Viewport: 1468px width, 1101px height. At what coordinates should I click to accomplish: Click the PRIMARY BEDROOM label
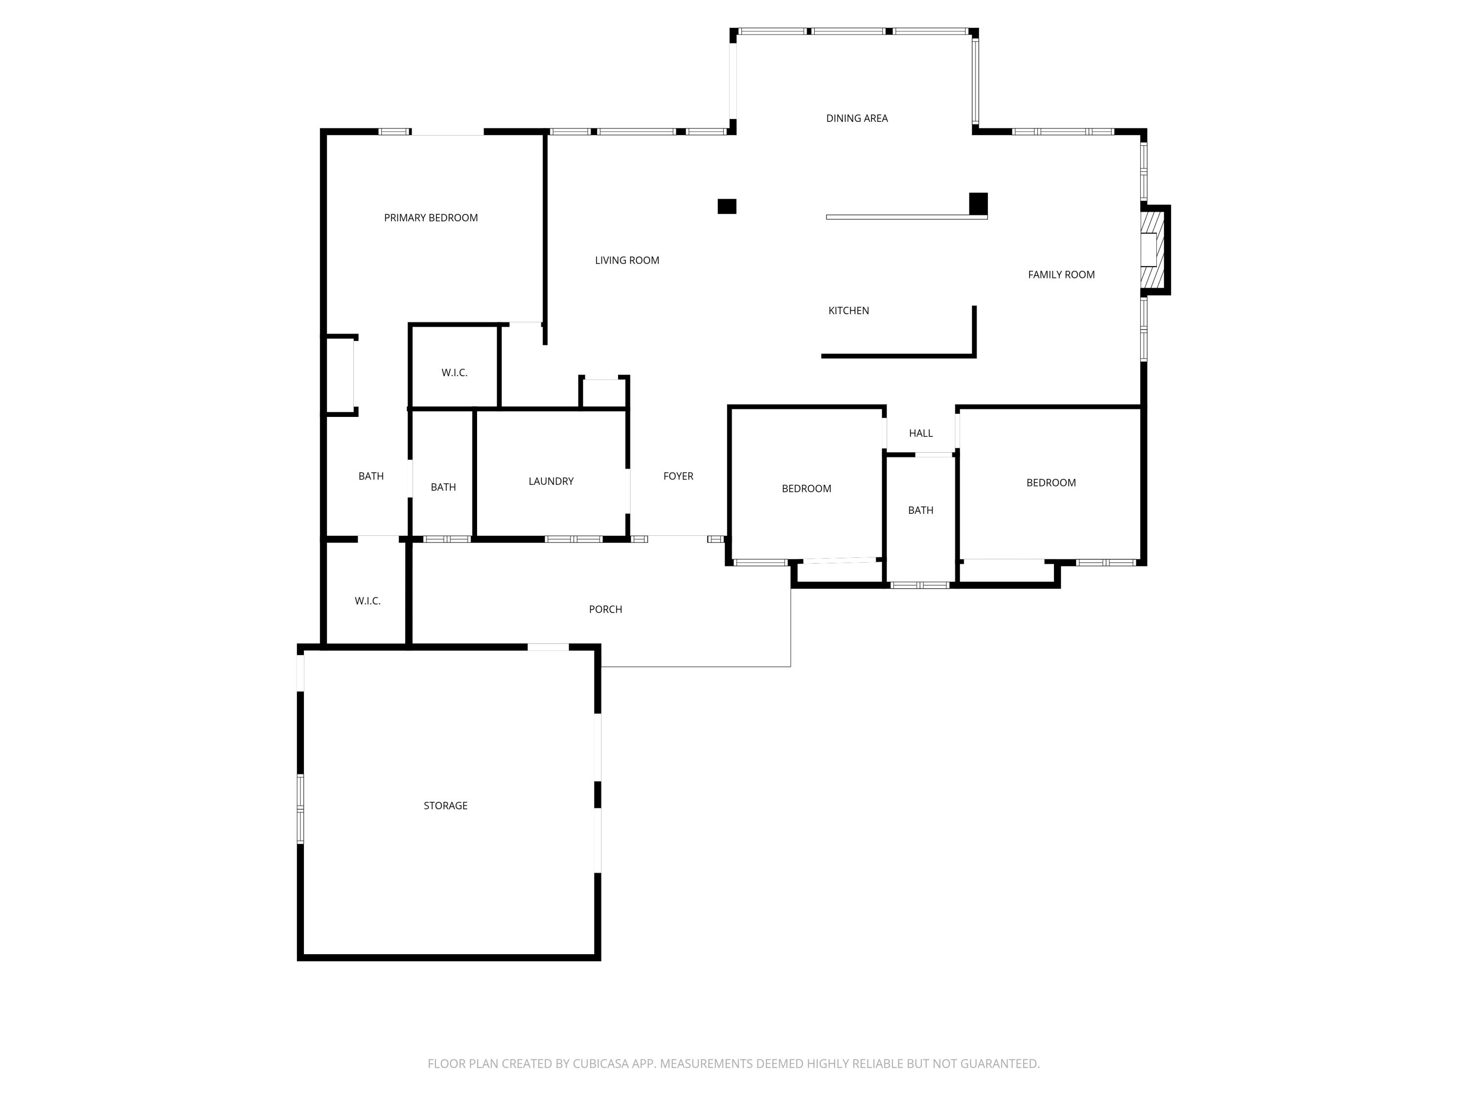click(431, 218)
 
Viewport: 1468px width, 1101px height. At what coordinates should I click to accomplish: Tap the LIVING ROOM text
click(626, 260)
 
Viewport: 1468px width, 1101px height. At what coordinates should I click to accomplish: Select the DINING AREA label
click(856, 118)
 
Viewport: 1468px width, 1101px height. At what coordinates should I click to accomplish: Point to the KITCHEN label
click(848, 311)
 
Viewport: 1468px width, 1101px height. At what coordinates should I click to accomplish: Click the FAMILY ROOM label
click(1060, 275)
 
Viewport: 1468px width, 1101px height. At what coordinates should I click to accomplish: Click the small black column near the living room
click(727, 206)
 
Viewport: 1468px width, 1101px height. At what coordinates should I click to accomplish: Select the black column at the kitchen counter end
click(978, 203)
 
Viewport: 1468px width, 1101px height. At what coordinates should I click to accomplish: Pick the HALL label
click(920, 434)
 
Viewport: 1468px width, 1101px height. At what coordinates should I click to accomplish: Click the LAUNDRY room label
click(551, 481)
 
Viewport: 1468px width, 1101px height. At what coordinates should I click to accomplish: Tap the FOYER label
click(678, 476)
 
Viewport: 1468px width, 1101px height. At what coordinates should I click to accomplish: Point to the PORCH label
click(605, 609)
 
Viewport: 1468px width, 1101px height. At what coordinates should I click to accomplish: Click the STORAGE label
click(445, 805)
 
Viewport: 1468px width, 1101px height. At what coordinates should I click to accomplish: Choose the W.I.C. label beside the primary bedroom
click(454, 373)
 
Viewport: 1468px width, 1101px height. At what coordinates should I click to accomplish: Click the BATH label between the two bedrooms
click(920, 510)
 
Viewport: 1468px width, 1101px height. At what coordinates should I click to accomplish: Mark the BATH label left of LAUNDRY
click(443, 487)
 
